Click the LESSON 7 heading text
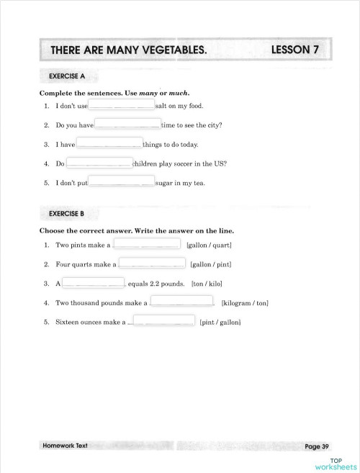[295, 50]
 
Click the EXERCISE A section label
[68, 76]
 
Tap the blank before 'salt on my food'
[121, 104]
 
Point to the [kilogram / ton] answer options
[245, 303]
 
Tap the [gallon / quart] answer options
[209, 245]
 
